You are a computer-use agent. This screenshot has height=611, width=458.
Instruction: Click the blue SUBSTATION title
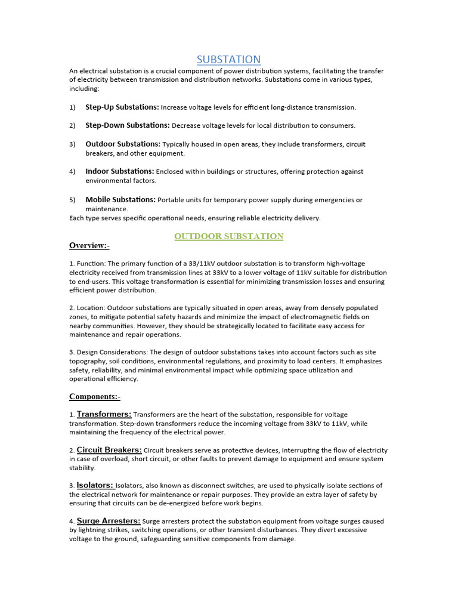click(229, 59)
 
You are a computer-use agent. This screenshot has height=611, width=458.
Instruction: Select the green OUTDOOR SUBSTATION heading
click(228, 236)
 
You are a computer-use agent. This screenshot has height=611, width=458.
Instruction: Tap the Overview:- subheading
click(89, 246)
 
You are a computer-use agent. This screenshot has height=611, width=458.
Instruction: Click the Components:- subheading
click(95, 397)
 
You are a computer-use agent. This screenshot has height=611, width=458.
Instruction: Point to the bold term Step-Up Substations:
click(122, 107)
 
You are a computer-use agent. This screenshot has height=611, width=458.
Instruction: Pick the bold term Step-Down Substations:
click(128, 125)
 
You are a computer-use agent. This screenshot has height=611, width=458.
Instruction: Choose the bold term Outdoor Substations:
click(123, 144)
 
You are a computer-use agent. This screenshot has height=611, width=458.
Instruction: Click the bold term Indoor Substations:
click(120, 171)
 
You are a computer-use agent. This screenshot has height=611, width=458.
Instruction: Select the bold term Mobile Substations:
click(120, 200)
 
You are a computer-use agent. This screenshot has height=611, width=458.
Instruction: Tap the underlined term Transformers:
click(104, 414)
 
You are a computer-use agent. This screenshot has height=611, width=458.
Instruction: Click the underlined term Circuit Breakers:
click(109, 450)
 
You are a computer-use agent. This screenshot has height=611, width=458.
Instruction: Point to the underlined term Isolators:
click(95, 485)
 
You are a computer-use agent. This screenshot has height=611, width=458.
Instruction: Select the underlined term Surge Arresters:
click(109, 521)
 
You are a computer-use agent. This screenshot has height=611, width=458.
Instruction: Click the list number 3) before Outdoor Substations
click(72, 144)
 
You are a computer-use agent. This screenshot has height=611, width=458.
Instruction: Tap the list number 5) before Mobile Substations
click(72, 200)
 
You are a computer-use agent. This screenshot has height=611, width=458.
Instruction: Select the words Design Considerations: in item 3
click(112, 352)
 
